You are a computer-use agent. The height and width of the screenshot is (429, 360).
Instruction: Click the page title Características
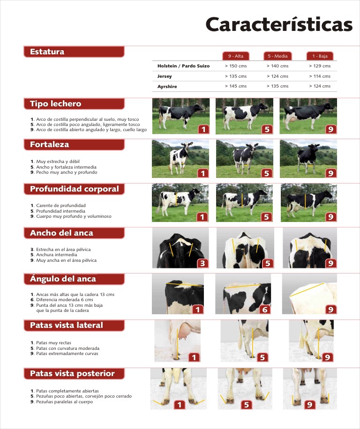[279, 24]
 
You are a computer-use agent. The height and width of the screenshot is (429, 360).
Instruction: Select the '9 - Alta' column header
[236, 56]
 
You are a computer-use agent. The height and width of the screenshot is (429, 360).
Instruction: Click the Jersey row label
[165, 76]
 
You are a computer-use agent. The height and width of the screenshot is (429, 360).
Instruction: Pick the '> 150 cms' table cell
[236, 66]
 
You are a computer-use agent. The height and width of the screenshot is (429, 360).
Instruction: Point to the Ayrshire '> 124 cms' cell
[320, 86]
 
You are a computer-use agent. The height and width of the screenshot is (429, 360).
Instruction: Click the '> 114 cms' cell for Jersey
[320, 76]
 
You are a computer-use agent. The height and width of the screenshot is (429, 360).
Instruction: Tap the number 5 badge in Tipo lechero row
[267, 129]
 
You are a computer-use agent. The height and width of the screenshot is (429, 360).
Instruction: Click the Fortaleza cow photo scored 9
[308, 159]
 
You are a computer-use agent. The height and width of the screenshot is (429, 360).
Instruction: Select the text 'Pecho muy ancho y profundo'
[67, 172]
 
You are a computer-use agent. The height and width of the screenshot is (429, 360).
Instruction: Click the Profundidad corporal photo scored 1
[180, 202]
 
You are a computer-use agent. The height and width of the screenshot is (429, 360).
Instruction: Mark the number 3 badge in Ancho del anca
[202, 263]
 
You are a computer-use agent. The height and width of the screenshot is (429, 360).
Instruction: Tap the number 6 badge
[265, 310]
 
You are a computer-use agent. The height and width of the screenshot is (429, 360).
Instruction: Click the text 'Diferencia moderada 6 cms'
[65, 300]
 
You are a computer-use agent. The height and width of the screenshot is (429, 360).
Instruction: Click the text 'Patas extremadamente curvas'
[67, 354]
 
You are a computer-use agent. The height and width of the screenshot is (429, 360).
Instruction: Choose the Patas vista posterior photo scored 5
[245, 389]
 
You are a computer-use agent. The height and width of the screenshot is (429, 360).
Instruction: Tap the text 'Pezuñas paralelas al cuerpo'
[65, 402]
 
